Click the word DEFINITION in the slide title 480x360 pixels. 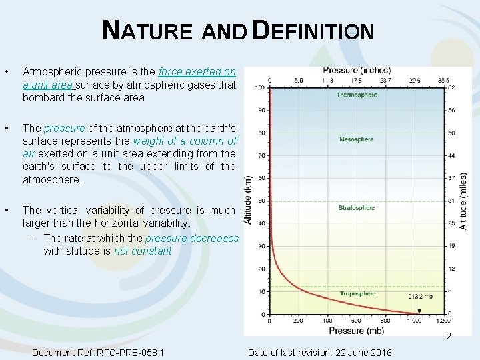tap(315, 31)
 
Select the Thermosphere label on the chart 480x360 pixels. tap(356, 95)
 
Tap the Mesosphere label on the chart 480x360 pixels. tap(356, 139)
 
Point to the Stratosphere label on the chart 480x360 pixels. tap(357, 207)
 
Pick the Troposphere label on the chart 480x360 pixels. tap(357, 293)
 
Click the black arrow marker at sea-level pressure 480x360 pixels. tap(419, 311)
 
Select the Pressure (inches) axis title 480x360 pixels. tap(357, 71)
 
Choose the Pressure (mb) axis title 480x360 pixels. tap(356, 330)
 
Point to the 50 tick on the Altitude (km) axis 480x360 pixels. tap(261, 201)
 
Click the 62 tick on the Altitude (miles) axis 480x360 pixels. tap(451, 87)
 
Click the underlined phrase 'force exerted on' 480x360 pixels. tap(197, 72)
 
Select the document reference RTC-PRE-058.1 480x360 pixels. tap(98, 352)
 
